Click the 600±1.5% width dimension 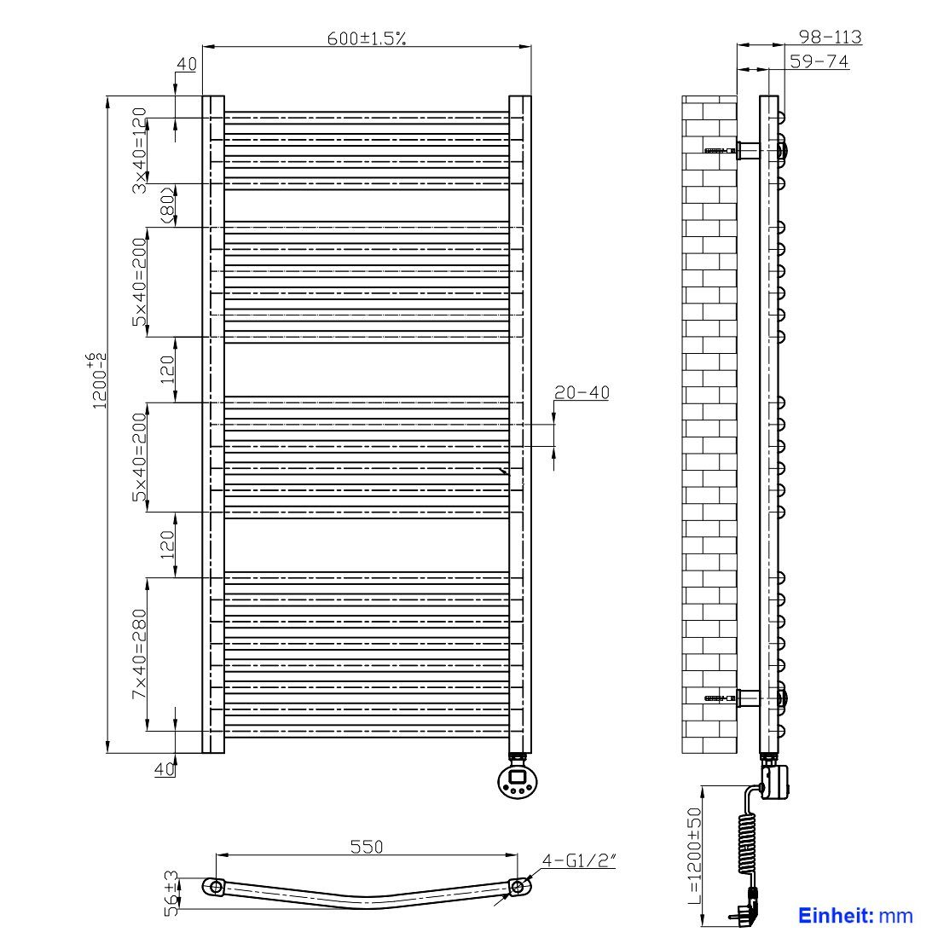pos(367,38)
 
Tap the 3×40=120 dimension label pos(139,150)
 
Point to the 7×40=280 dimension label pos(139,654)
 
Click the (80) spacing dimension pos(168,206)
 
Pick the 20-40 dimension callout pos(582,392)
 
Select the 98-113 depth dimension pos(831,37)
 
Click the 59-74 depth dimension pos(819,61)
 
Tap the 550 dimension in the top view pos(367,847)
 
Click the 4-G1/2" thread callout pos(578,860)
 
